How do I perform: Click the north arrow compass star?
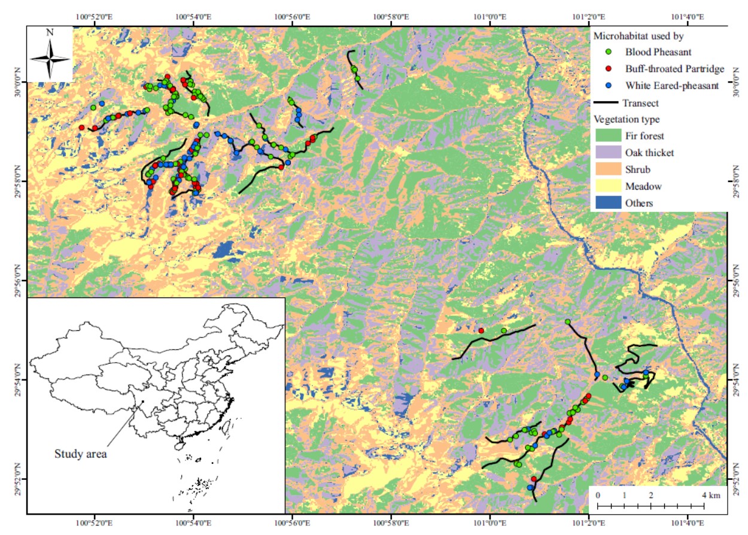coord(50,58)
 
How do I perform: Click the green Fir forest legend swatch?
coord(607,136)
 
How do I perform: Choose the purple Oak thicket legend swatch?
coord(607,153)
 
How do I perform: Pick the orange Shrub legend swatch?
coord(607,169)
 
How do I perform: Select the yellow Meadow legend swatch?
coord(607,186)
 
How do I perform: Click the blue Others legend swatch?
coord(607,203)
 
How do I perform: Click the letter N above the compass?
coord(50,34)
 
